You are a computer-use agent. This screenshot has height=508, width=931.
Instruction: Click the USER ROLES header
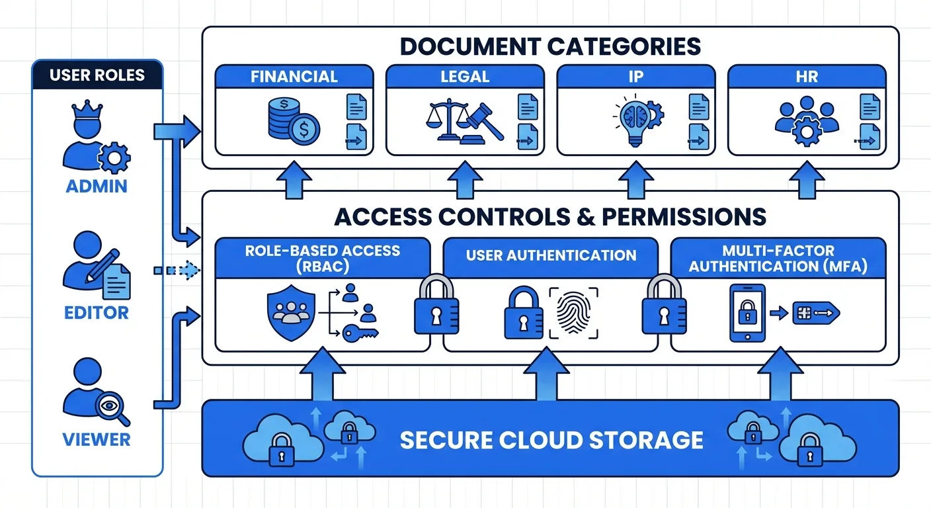97,75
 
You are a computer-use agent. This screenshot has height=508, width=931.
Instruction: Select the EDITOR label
97,312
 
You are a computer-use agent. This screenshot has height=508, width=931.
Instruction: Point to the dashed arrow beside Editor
176,270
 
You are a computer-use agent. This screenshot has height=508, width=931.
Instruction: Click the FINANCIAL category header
294,76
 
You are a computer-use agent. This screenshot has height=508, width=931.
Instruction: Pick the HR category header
807,76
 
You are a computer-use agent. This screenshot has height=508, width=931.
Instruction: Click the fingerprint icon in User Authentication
573,312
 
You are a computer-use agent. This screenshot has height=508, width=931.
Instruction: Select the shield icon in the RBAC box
289,312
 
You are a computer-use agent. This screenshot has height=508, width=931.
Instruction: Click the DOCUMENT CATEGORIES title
550,46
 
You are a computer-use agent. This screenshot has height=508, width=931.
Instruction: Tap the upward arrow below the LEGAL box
464,180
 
